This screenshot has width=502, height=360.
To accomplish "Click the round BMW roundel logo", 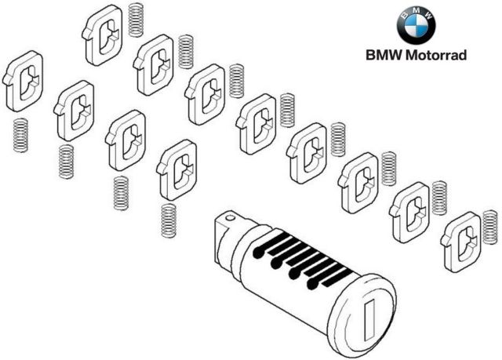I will point(416,26).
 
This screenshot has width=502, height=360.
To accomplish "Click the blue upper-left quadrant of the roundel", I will point(409,20).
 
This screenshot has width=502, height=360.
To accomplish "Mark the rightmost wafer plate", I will point(462,239).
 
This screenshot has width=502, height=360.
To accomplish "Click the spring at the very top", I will point(136,20).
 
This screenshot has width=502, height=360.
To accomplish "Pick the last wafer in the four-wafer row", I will point(176,168).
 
